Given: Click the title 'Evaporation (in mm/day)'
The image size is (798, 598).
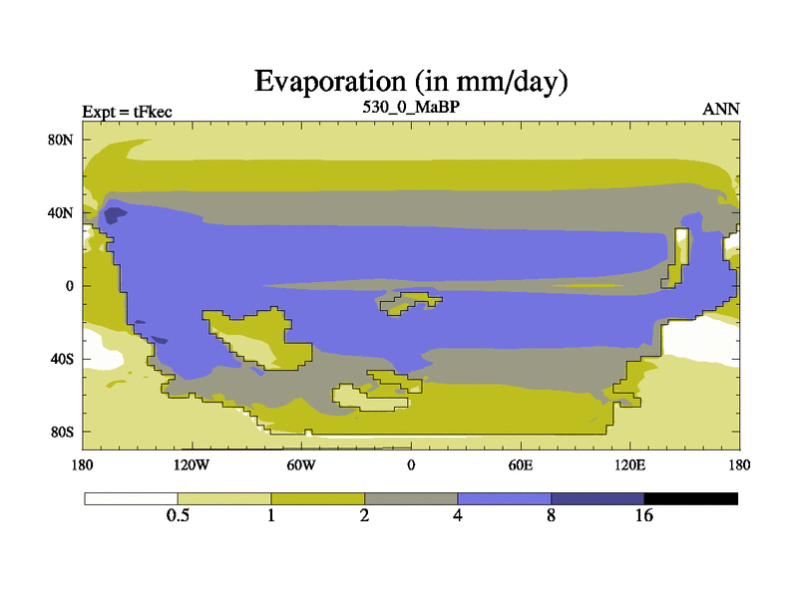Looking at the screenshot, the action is [x=411, y=82].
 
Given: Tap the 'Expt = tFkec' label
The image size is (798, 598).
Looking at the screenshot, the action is [x=128, y=112].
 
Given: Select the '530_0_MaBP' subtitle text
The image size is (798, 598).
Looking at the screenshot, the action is [x=411, y=108].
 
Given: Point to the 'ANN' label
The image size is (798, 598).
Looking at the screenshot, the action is [x=720, y=110].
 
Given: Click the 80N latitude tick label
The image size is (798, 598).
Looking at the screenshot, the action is [x=61, y=140].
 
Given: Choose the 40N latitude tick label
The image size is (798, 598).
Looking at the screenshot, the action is [x=61, y=213].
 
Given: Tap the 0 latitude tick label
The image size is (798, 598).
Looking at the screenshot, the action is [x=70, y=286].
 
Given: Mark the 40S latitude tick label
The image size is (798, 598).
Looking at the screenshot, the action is [x=62, y=360].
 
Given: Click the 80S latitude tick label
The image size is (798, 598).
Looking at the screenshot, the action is [x=62, y=433].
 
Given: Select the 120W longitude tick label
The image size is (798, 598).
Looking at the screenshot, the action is [x=192, y=465].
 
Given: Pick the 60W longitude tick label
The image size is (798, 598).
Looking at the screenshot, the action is [x=301, y=465].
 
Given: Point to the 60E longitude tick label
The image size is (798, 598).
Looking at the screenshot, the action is [x=520, y=465].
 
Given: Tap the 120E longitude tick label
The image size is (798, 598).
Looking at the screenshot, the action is [x=629, y=465].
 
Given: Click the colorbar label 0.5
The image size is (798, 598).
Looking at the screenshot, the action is [x=178, y=515].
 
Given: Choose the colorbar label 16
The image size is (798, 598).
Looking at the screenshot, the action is [x=643, y=515].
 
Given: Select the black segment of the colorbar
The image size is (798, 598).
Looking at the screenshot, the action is [x=690, y=499].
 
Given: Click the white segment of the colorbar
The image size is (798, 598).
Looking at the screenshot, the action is [x=132, y=499].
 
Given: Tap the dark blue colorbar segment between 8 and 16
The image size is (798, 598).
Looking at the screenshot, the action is [x=598, y=499].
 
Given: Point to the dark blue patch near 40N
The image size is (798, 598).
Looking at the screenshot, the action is [x=115, y=215].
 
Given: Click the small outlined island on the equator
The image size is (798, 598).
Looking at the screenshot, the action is [x=411, y=303].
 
